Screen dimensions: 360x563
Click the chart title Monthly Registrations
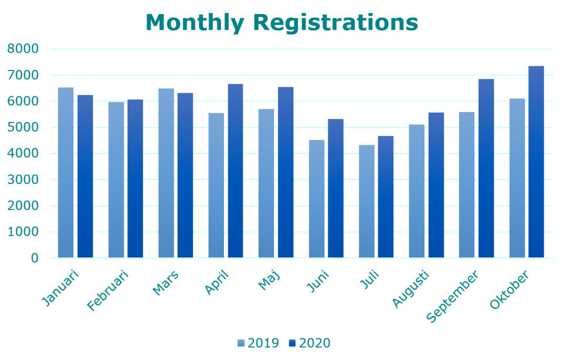click(x=281, y=22)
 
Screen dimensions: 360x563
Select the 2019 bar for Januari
click(x=66, y=173)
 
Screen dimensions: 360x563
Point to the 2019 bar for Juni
click(x=316, y=199)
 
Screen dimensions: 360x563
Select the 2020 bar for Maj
click(x=286, y=172)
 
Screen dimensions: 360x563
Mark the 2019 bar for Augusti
click(x=416, y=191)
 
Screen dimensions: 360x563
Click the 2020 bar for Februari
click(x=135, y=179)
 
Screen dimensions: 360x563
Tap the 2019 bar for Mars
click(x=166, y=174)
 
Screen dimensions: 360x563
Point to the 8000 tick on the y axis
click(x=23, y=49)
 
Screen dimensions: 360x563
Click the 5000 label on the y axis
click(x=23, y=127)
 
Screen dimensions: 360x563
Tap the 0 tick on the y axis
click(x=35, y=258)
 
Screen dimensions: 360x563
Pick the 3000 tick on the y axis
click(x=23, y=179)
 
